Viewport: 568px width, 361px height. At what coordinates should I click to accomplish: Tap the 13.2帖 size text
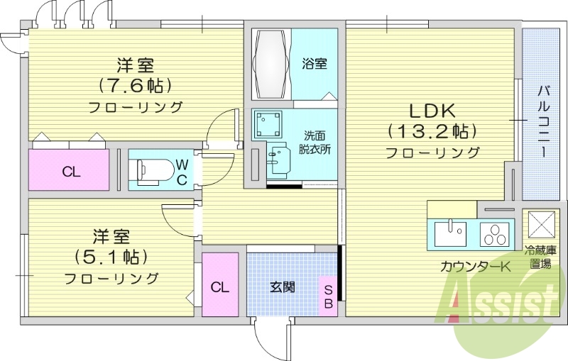tap(432, 131)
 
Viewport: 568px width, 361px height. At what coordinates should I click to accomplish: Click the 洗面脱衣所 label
tap(314, 143)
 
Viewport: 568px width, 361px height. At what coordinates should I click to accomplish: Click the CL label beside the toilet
tap(70, 171)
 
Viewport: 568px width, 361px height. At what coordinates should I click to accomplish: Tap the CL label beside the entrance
tap(219, 287)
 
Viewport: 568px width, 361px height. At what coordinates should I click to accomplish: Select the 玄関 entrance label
tap(282, 287)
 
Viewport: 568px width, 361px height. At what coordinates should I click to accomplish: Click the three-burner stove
tap(496, 233)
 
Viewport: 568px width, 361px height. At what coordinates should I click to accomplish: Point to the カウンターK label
tap(475, 267)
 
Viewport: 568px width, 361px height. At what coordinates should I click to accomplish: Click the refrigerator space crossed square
tap(542, 225)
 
